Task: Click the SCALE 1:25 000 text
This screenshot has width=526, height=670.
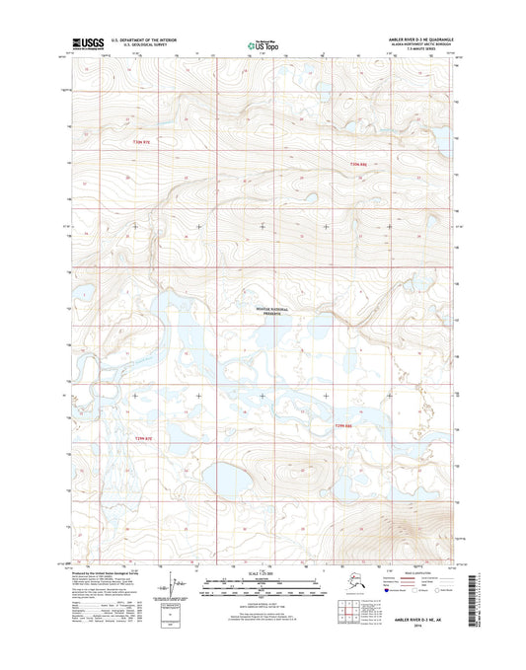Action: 263,574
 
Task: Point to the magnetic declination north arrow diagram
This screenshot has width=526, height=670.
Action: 175,589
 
